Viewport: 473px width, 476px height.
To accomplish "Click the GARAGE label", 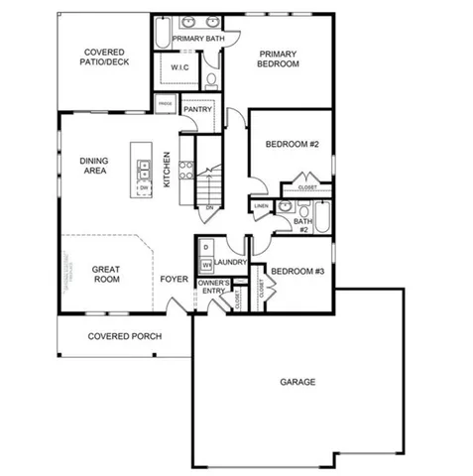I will coord(297,382).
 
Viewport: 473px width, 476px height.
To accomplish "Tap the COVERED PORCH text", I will coord(125,336).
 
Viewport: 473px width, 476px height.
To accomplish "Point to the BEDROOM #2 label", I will coord(292,145).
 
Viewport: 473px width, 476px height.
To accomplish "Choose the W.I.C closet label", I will coord(179,68).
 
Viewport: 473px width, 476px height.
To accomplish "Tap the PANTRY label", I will coord(197,109).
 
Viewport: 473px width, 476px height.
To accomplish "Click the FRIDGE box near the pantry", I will coord(164,101).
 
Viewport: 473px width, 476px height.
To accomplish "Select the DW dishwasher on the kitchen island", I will coord(144,187).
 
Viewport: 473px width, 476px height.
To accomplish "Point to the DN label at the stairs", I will coord(209,207).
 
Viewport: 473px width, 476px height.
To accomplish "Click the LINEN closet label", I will coord(261,206).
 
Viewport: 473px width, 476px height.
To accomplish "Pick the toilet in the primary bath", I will coord(212,79).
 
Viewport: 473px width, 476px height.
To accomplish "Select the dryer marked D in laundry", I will coord(205,246).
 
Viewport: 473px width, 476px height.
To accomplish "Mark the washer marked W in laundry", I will coord(206,265).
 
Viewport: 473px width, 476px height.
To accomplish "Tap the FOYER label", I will coord(175,280).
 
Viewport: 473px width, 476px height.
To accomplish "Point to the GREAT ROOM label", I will coord(106,275).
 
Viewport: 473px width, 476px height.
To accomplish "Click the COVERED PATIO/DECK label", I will coord(103,58).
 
